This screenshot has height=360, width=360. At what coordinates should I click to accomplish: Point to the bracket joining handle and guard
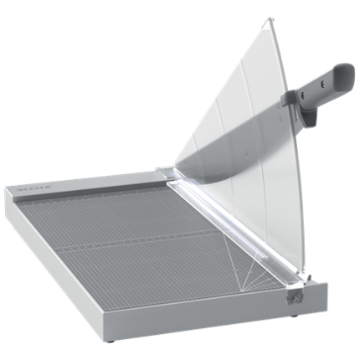pyautogui.click(x=287, y=98)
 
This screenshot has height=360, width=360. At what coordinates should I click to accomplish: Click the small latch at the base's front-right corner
pyautogui.click(x=294, y=296)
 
